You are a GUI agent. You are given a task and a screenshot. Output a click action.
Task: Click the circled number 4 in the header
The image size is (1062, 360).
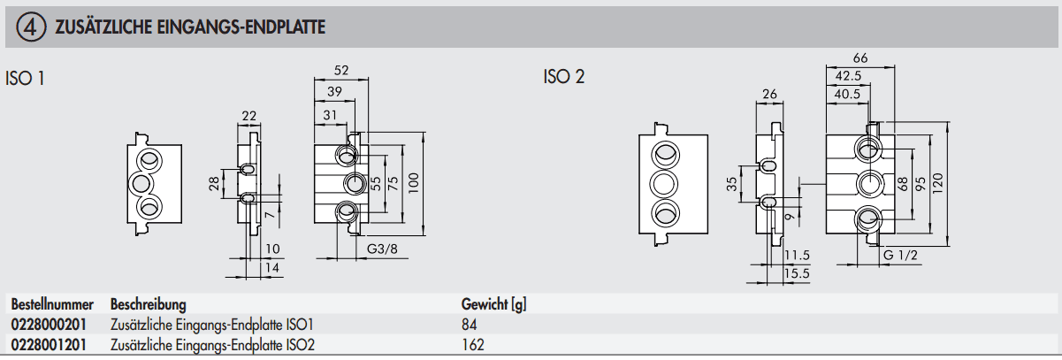tap(28, 27)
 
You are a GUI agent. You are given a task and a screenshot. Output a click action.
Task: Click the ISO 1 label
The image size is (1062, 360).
tap(26, 78)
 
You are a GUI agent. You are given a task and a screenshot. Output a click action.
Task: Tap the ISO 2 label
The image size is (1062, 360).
tap(563, 77)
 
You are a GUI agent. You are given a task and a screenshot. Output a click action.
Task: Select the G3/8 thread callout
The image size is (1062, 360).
tap(381, 250)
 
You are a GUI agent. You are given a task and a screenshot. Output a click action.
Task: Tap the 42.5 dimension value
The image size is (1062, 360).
tap(847, 75)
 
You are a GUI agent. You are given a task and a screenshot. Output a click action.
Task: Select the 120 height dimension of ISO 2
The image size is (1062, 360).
tap(939, 184)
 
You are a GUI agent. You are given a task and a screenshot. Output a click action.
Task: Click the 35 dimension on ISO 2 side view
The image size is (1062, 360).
tap(731, 184)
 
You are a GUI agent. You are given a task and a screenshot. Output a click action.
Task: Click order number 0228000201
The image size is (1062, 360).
tap(50, 324)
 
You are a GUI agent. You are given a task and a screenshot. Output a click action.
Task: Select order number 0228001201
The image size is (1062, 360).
tap(50, 344)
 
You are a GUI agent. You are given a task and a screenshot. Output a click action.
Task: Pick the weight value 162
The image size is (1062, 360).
tap(473, 344)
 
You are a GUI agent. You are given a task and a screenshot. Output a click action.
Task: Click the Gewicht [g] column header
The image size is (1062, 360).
tap(493, 304)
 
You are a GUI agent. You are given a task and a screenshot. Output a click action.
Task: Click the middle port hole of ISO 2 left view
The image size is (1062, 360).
tap(665, 184)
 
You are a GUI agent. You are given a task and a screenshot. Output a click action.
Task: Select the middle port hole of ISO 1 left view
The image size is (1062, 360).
tap(141, 184)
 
